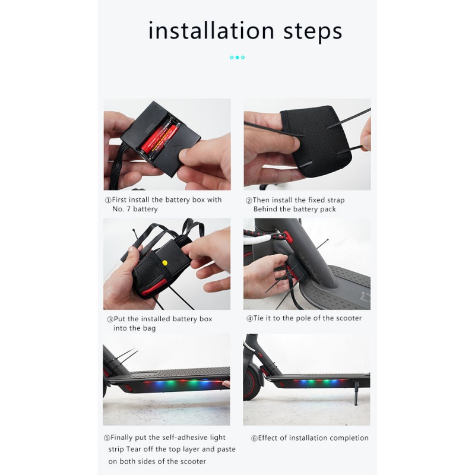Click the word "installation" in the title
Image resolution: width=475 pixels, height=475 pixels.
[211, 31]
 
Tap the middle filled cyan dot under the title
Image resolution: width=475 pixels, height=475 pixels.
[237, 57]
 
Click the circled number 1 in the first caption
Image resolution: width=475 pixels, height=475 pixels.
[108, 200]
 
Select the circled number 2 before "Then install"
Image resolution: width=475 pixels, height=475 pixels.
[249, 201]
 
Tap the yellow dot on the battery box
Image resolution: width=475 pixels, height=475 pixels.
[165, 263]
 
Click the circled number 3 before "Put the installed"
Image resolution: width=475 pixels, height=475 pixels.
[110, 319]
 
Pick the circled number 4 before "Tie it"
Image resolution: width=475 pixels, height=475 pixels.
[249, 318]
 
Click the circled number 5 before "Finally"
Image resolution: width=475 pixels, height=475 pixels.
[107, 438]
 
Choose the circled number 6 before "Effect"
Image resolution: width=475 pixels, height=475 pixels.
[255, 438]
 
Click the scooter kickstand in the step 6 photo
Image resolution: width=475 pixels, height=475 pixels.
[357, 394]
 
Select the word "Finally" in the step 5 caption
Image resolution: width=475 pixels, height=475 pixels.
[122, 438]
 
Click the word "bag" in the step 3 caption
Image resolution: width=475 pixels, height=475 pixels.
[150, 329]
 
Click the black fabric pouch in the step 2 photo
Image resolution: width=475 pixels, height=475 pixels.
[316, 141]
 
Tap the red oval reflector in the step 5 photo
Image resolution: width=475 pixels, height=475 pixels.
[128, 388]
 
